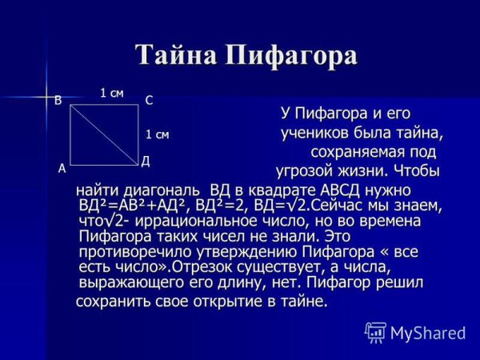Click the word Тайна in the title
(175, 55)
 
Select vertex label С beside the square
(149, 101)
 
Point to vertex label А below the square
(62, 169)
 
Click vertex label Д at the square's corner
(146, 162)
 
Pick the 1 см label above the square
(111, 93)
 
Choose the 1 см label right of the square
(157, 134)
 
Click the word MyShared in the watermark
(428, 333)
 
